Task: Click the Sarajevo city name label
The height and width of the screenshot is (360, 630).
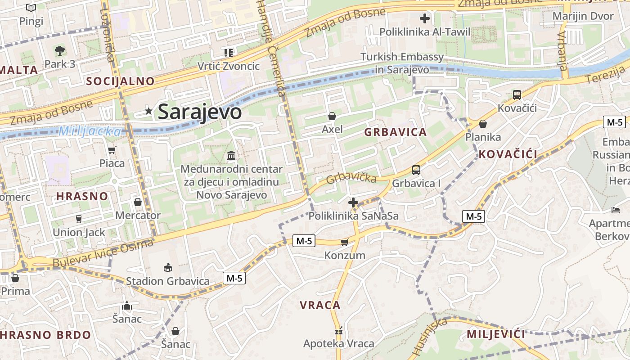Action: coord(199,112)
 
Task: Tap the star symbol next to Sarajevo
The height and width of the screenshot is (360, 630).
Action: coord(148,111)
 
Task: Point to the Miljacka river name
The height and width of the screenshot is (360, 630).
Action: coord(90,131)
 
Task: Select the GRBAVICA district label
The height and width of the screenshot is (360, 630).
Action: coord(395,132)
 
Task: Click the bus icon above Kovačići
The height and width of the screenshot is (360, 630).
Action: coord(517,95)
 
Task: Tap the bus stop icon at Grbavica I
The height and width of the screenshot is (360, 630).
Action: coord(416,170)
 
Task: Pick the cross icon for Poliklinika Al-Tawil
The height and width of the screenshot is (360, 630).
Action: coord(424,19)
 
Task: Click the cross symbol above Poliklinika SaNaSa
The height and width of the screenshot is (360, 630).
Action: coord(353,203)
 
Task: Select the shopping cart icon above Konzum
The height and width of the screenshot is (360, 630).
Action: coord(344,243)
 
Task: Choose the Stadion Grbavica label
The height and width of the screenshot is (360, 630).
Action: coord(167,281)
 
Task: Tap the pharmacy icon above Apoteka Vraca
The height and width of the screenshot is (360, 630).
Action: coord(339,332)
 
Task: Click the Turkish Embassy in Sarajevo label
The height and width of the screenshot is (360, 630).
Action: coord(402,63)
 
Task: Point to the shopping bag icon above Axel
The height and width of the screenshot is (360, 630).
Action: coord(332,117)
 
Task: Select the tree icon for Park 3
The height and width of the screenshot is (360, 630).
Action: coord(59,50)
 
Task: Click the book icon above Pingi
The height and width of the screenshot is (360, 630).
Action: coord(31,8)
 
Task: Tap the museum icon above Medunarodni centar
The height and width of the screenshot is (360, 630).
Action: coord(231,156)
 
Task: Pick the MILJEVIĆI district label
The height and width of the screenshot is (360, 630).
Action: coord(496,334)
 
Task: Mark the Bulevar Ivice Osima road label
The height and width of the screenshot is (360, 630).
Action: coord(103,254)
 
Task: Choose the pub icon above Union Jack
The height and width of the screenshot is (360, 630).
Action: coord(79,219)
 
